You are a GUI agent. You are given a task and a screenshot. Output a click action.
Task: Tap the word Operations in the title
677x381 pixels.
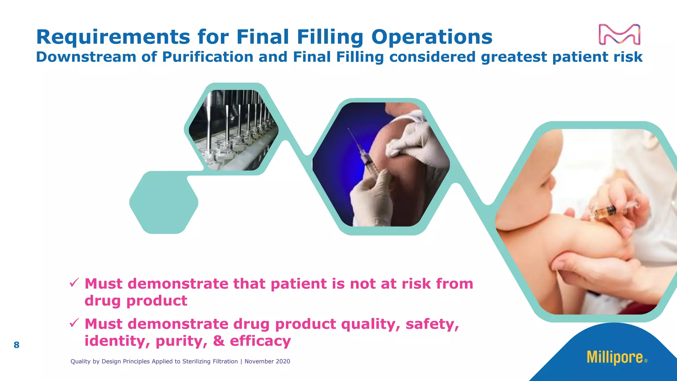[x=432, y=37]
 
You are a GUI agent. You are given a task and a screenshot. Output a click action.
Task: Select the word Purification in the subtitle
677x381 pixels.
[x=208, y=57]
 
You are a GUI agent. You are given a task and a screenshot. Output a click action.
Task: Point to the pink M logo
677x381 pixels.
[x=619, y=34]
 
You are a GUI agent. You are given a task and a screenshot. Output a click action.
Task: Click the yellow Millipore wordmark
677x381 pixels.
[x=615, y=357]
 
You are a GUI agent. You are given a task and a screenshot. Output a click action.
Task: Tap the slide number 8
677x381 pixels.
[x=17, y=345]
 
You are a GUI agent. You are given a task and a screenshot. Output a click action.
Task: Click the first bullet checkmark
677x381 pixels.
[x=74, y=283]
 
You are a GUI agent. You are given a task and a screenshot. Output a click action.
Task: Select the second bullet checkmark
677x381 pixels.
[x=74, y=323]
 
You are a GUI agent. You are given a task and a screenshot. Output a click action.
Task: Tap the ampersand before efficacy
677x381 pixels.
[x=219, y=341]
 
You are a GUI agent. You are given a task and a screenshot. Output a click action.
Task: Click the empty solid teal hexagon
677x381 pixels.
[x=164, y=202]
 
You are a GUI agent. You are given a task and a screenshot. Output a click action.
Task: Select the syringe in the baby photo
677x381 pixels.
[x=608, y=212]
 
